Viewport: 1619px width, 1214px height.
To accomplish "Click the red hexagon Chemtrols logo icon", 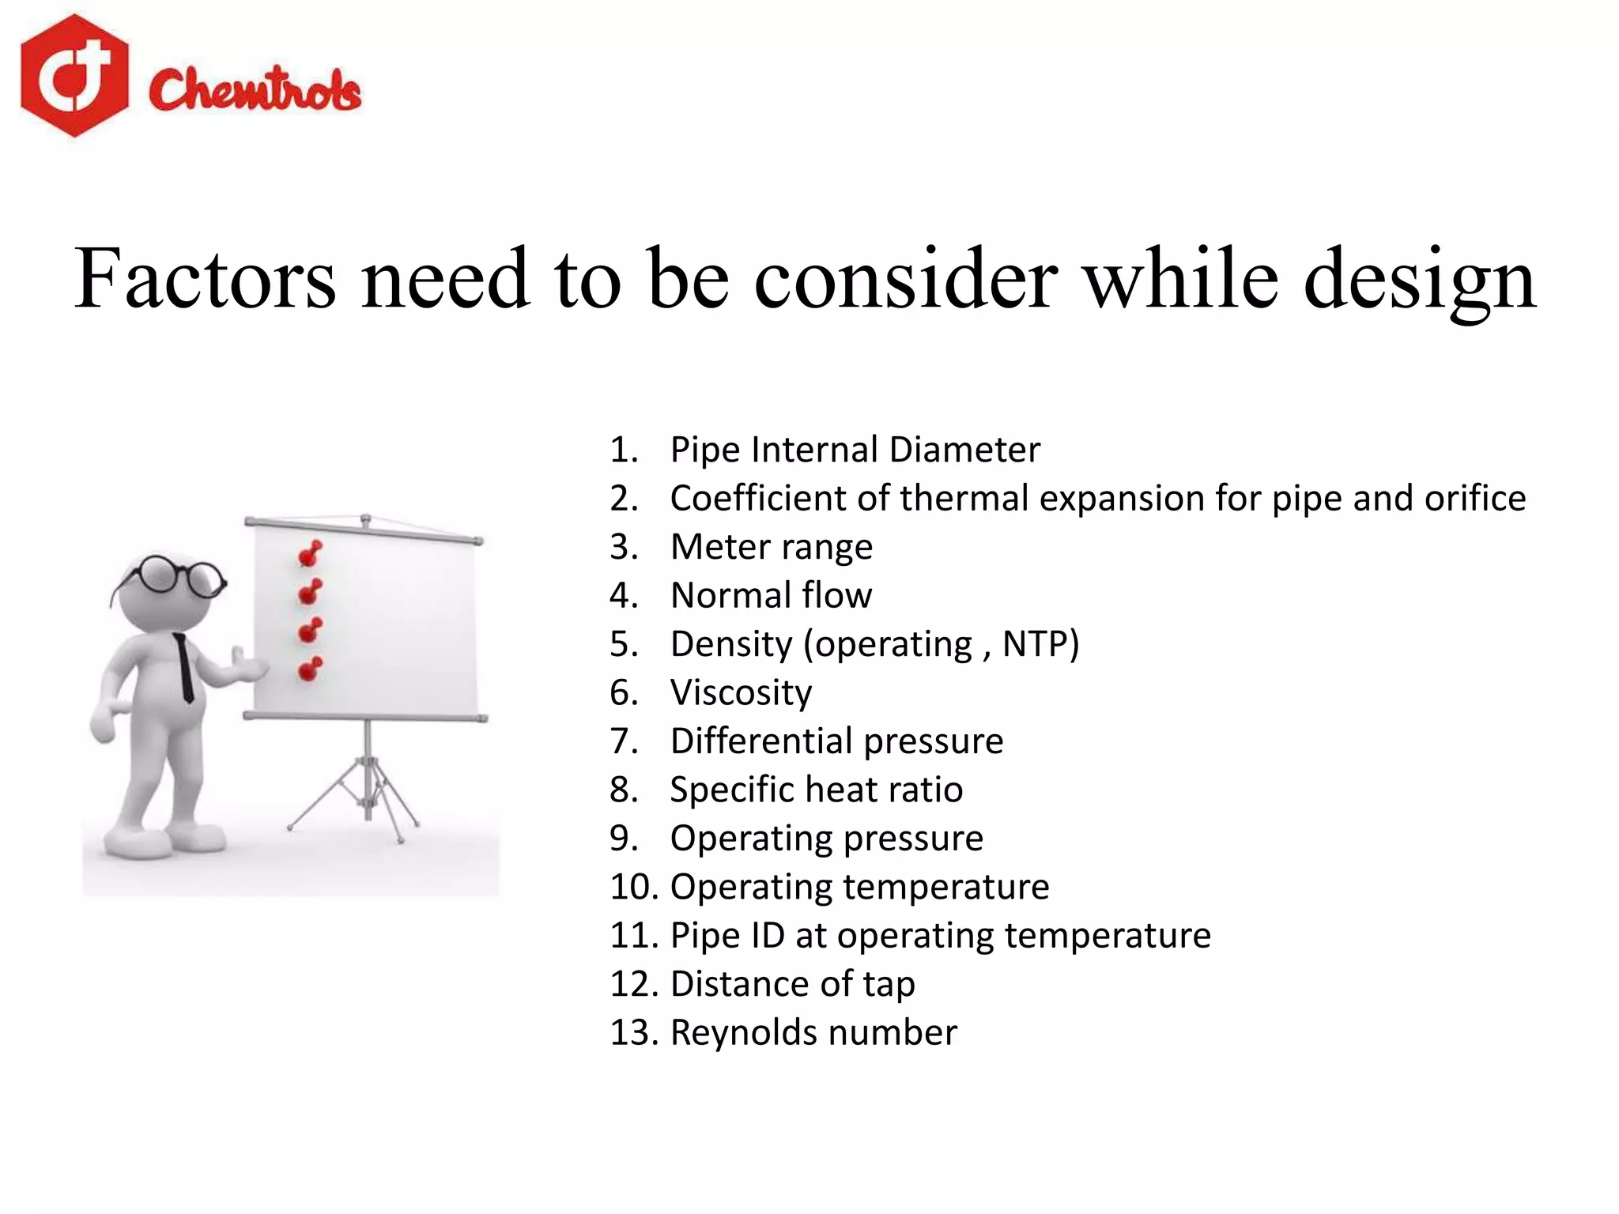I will tap(74, 76).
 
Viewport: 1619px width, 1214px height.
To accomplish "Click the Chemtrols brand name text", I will tap(255, 89).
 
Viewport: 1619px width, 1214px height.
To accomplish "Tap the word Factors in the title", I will tap(205, 279).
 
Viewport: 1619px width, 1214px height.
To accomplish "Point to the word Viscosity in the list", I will tap(741, 692).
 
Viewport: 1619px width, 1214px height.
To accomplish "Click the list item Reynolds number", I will tap(813, 1032).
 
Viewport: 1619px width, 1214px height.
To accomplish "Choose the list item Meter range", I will tap(771, 547).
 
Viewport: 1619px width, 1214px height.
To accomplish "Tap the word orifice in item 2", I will tap(1474, 498).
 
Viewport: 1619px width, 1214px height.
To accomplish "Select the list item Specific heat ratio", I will tap(816, 790).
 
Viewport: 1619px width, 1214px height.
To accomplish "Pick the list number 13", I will tap(632, 1032).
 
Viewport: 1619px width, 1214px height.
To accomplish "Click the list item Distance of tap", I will tap(792, 984).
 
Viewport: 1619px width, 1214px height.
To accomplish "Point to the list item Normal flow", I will tap(771, 595).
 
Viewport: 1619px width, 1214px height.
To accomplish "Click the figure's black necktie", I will tap(185, 668).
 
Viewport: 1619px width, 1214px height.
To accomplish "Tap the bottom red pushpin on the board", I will tap(310, 669).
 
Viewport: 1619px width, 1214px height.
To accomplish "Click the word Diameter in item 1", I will tap(964, 450).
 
